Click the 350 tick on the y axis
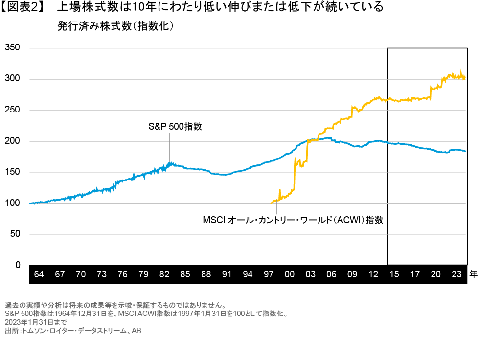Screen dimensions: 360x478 click(12, 48)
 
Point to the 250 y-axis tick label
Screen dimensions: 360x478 click(12, 110)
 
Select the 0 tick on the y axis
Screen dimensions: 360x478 click(18, 265)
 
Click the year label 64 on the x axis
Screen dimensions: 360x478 click(39, 274)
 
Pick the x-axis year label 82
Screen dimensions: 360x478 click(164, 274)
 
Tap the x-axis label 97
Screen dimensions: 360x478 click(269, 274)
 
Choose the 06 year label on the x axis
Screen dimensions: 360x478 click(331, 274)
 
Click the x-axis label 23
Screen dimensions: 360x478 click(456, 274)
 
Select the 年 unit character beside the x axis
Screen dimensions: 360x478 click(473, 274)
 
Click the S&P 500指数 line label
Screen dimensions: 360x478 click(175, 126)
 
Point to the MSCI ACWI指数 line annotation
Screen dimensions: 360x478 click(293, 220)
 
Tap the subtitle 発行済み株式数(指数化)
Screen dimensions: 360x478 click(115, 26)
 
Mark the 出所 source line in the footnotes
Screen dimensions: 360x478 click(73, 331)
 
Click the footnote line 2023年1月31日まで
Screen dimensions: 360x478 click(35, 323)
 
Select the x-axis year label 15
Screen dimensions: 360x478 click(394, 274)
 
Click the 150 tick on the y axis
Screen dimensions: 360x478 click(12, 172)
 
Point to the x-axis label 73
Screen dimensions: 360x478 click(102, 274)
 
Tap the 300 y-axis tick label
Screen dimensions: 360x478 click(12, 79)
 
